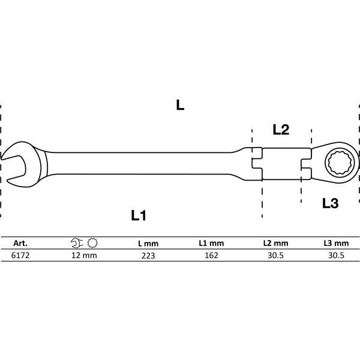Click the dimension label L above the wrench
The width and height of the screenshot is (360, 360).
(180, 105)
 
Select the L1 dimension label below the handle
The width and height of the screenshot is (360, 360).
(139, 215)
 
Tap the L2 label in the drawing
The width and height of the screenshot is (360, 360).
(281, 129)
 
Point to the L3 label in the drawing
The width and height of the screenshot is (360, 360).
(330, 203)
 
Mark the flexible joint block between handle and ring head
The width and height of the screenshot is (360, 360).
(281, 163)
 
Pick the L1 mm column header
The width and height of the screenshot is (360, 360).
(211, 244)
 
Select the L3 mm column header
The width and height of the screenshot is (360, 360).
(335, 244)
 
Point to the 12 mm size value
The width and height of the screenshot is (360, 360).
(83, 255)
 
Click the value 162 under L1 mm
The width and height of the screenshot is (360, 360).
(211, 255)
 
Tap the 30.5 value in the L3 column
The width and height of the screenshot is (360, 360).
(335, 255)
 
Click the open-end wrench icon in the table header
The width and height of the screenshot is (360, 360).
(77, 244)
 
